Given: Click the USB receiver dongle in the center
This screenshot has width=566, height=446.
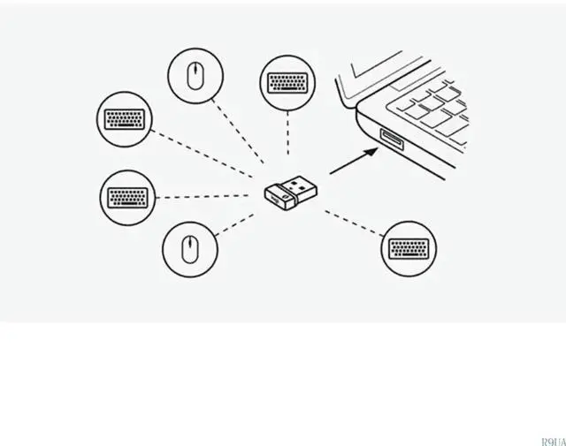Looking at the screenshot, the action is click(293, 193).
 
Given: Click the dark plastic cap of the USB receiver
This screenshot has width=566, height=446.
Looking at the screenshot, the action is click(279, 199).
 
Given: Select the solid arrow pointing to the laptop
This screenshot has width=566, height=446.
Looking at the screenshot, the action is click(352, 161).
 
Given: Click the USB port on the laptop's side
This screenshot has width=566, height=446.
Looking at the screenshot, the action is click(390, 140).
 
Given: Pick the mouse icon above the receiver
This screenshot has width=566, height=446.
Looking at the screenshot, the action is click(195, 75).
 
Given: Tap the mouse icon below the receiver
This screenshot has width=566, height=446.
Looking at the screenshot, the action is click(188, 248).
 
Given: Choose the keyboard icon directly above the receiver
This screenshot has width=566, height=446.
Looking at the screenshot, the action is click(287, 83).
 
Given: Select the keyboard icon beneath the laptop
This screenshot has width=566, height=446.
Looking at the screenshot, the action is click(410, 247).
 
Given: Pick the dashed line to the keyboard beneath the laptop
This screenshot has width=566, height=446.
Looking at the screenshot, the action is click(354, 223).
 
